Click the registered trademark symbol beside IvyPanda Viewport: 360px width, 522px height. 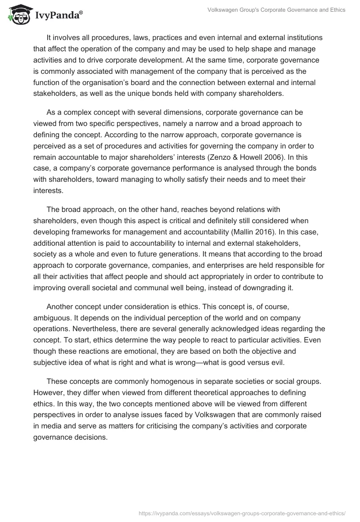81,13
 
